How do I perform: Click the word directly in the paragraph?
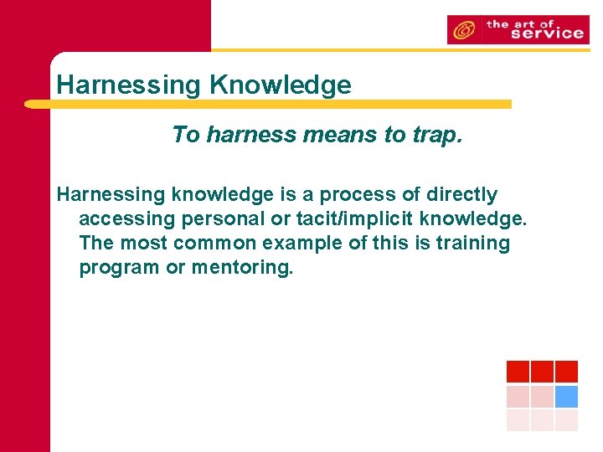pos(462,195)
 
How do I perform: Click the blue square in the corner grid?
pos(567,396)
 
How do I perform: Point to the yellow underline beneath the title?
pos(268,105)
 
